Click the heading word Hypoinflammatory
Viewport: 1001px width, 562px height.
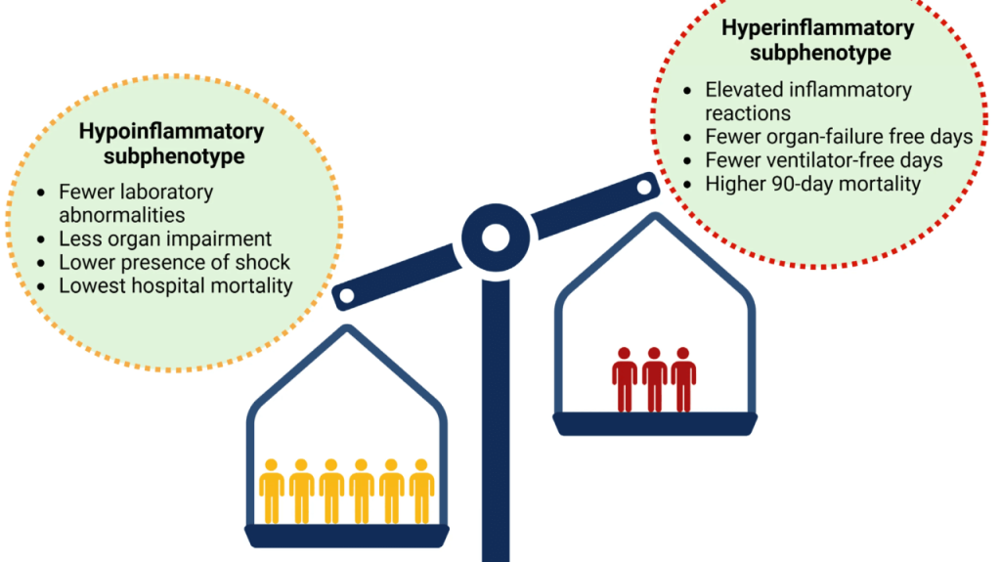tap(171, 132)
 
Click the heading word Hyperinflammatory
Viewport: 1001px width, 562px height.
tap(817, 27)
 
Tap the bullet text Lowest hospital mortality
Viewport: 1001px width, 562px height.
tap(176, 286)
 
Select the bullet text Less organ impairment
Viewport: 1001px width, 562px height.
tap(165, 239)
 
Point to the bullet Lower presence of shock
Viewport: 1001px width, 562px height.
tap(175, 263)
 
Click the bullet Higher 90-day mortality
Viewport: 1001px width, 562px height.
tap(813, 183)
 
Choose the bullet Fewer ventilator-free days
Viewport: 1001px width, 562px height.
tap(824, 159)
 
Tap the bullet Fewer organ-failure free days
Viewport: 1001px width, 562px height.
tap(839, 136)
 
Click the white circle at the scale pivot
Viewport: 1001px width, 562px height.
tap(496, 236)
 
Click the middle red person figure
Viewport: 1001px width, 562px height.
tap(654, 379)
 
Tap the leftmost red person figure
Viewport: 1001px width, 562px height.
tap(625, 379)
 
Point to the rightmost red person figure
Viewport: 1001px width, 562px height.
tap(683, 379)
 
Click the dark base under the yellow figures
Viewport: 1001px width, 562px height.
tap(347, 536)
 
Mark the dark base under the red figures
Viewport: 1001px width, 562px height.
tap(655, 423)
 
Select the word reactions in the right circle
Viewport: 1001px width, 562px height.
tap(748, 112)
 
